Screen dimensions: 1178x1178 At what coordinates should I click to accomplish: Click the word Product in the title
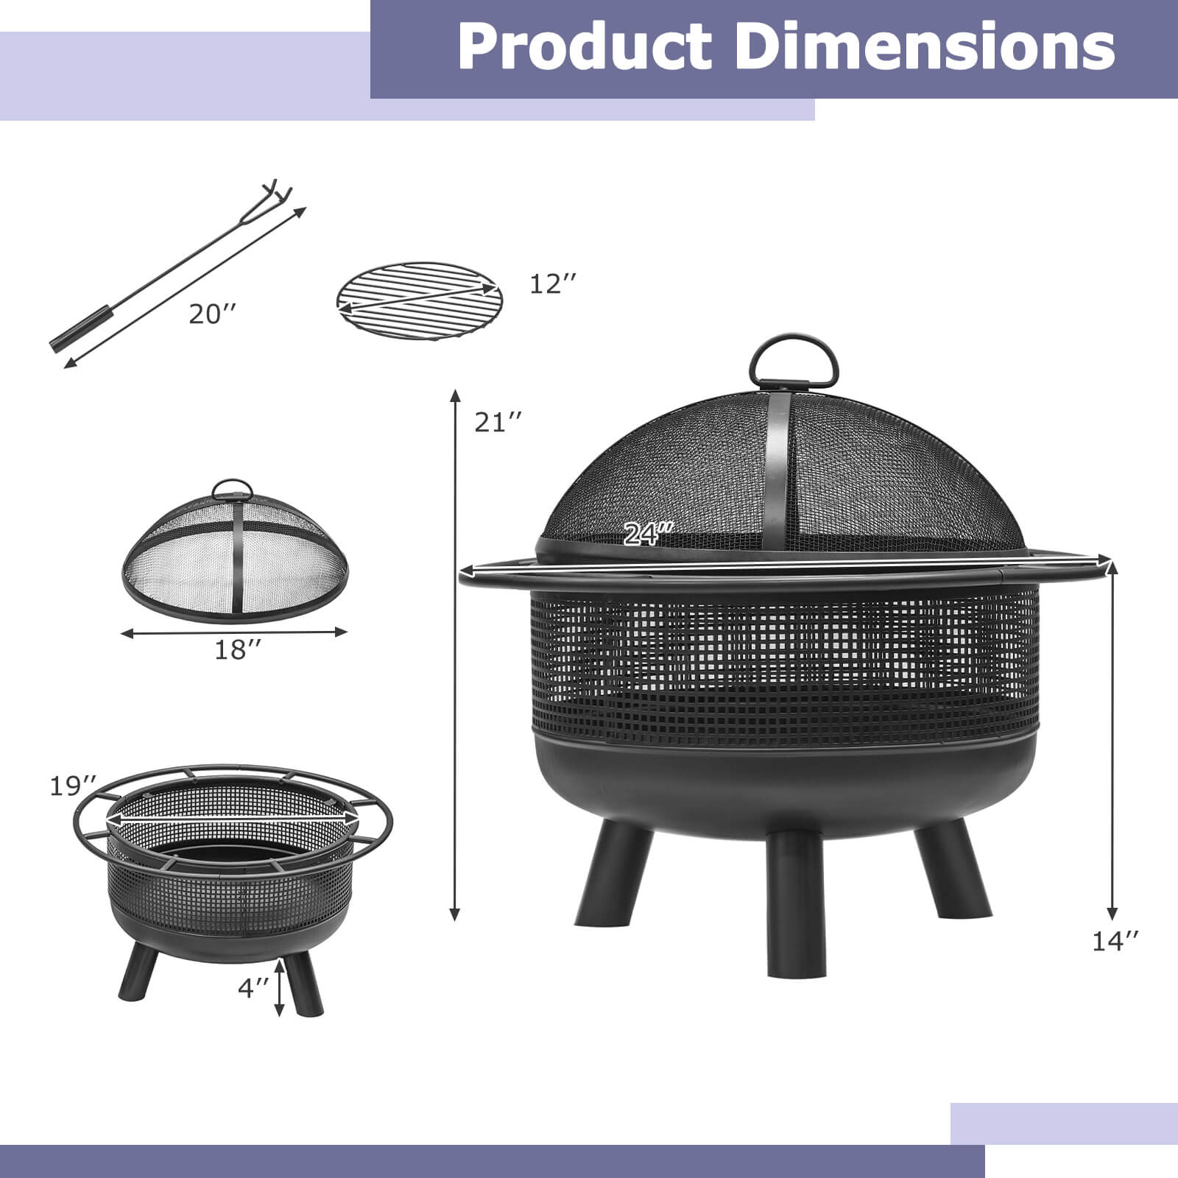(584, 46)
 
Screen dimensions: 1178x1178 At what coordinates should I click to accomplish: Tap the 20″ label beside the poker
(213, 314)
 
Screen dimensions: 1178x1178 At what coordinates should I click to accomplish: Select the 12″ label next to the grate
(552, 284)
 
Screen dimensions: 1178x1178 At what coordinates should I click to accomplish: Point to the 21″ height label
(498, 423)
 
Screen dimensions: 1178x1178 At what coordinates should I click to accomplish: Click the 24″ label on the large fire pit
(648, 532)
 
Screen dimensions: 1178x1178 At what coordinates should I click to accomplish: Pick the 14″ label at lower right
(1115, 941)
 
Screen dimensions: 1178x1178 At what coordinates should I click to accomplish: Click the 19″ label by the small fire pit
(73, 786)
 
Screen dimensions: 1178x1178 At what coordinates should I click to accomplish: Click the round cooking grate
(419, 300)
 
